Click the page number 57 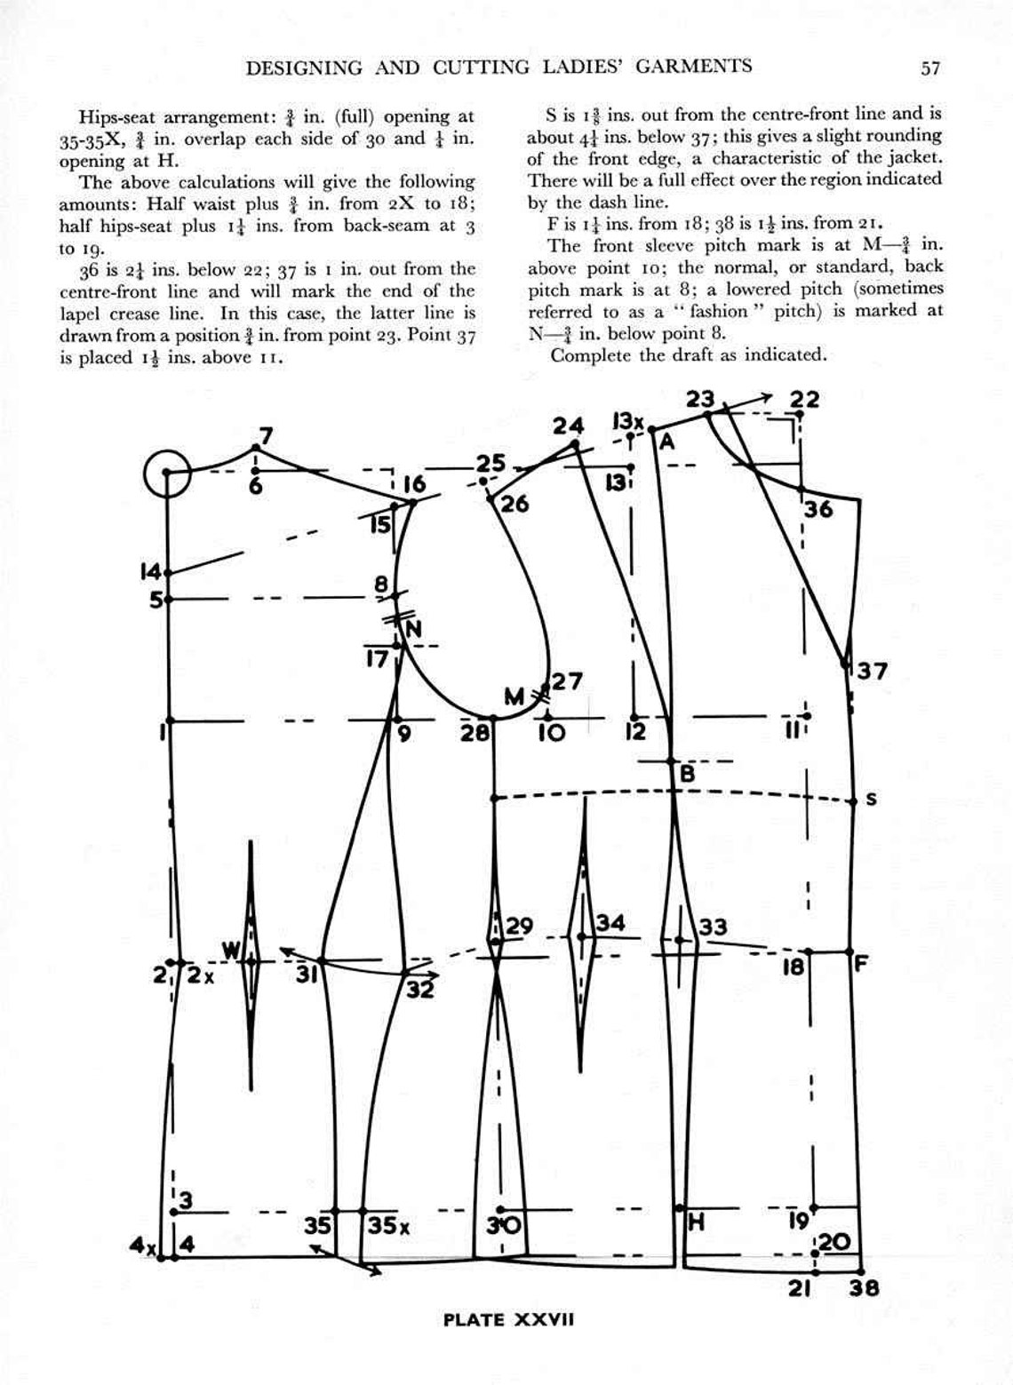click(x=930, y=68)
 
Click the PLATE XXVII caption click(x=509, y=1319)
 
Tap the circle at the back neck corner click(x=168, y=472)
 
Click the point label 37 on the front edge click(x=872, y=671)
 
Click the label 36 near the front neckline click(x=819, y=510)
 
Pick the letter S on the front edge click(x=871, y=800)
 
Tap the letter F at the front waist click(x=860, y=963)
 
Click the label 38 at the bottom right click(x=863, y=1286)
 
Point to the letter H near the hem click(x=697, y=1223)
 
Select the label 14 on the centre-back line click(x=151, y=570)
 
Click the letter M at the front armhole click(x=514, y=698)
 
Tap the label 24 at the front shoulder click(x=569, y=426)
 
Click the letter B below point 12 click(x=687, y=774)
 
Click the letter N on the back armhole click(x=413, y=629)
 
